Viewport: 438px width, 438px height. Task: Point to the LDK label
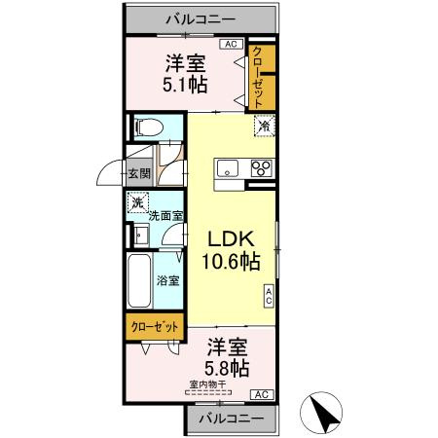(230, 238)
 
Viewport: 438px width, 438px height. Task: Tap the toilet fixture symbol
(149, 127)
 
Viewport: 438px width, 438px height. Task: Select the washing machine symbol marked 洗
(137, 204)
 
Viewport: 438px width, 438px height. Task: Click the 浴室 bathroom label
(167, 281)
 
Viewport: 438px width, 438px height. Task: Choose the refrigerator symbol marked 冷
(263, 126)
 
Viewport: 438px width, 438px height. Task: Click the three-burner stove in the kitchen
(263, 166)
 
